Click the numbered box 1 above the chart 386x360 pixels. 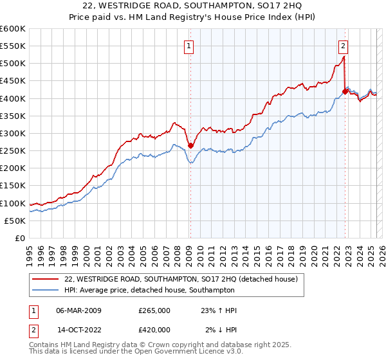[x=190, y=45]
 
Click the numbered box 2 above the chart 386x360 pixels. [x=344, y=45]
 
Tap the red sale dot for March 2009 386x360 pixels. [x=190, y=145]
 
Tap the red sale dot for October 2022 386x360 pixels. [x=345, y=91]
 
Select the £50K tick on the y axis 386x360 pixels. [x=15, y=221]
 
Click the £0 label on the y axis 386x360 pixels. [x=21, y=238]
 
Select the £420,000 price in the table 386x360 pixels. [x=154, y=329]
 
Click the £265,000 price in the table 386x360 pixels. [x=154, y=310]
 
